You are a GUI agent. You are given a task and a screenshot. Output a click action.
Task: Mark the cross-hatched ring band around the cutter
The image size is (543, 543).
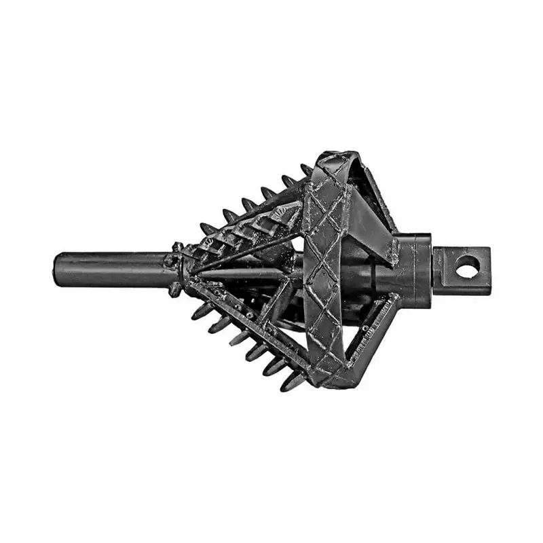[x=324, y=271]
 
